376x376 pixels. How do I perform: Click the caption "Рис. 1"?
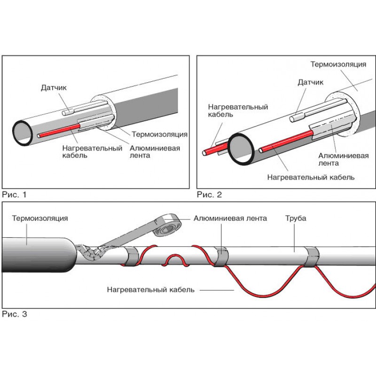[15, 194]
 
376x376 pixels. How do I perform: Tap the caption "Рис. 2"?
[209, 194]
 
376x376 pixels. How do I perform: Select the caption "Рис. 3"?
[15, 314]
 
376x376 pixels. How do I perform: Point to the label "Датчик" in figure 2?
[311, 83]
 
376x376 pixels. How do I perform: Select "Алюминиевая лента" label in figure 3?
[230, 218]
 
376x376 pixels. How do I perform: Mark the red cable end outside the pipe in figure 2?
[207, 152]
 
